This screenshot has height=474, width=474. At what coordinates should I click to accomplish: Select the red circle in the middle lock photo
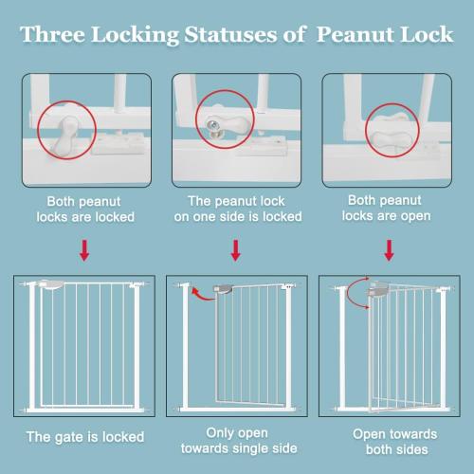(226, 119)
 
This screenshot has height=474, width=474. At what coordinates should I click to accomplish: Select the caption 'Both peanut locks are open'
(389, 210)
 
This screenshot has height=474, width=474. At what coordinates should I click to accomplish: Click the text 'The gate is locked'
(85, 437)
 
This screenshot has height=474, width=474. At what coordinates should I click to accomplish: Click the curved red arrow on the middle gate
(201, 297)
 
